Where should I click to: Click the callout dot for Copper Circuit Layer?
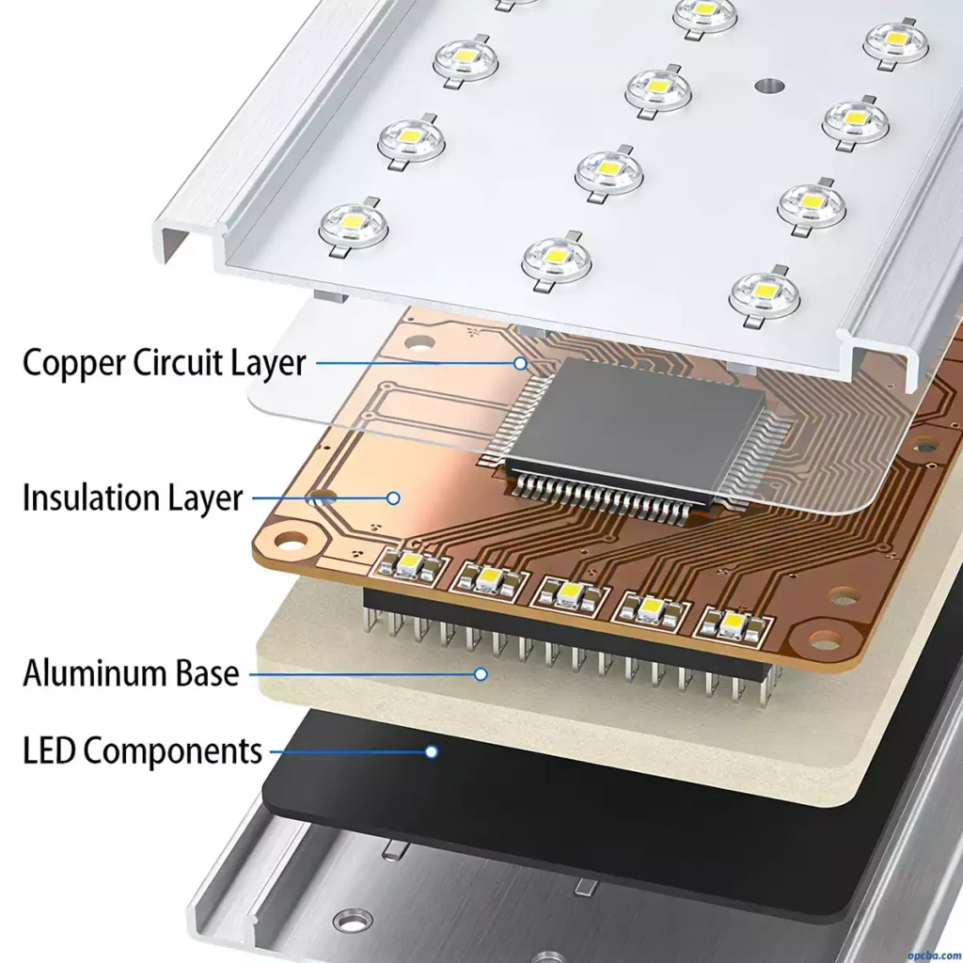click(x=520, y=362)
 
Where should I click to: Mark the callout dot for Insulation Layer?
click(x=395, y=498)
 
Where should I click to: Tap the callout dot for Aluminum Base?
click(x=481, y=673)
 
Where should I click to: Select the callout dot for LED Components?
click(x=432, y=751)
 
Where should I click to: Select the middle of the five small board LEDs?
click(x=570, y=593)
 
